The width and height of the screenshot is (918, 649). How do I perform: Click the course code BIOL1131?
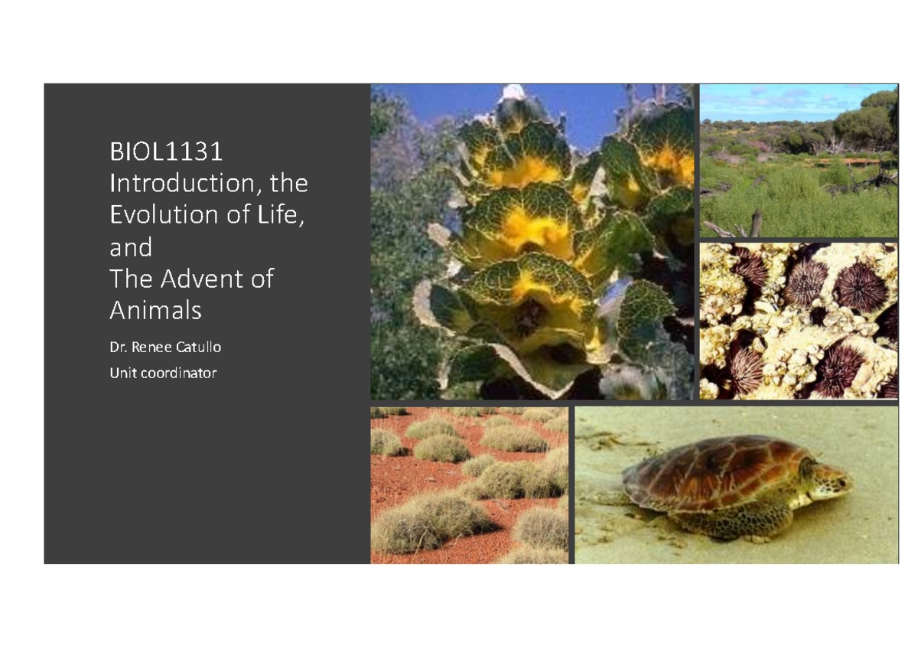166,152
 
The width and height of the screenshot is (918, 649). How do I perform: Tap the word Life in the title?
281,216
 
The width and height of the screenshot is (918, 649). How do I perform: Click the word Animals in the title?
155,311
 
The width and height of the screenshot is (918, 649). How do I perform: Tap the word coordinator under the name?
179,373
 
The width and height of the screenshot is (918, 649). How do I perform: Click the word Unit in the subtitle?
123,373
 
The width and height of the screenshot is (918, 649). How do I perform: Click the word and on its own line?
131,247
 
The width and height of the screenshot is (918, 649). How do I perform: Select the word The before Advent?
132,279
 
